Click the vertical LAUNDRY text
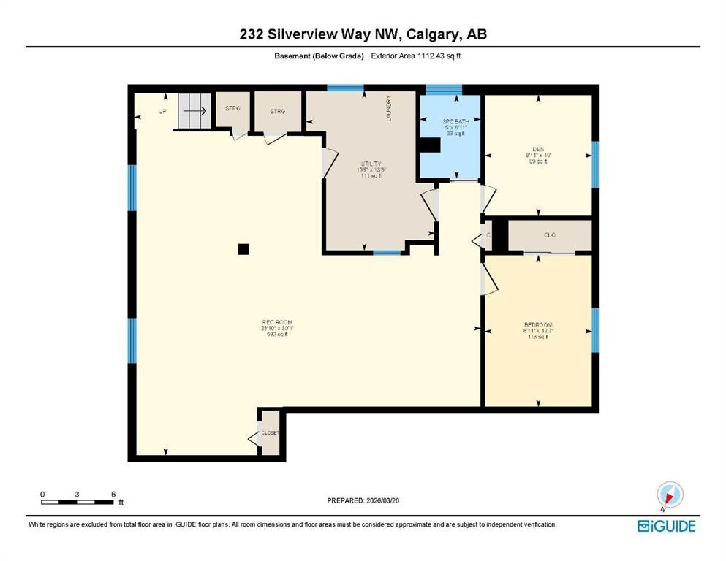tap(390, 109)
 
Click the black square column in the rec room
tap(243, 249)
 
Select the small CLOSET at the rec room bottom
tap(270, 434)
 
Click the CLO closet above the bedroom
tap(550, 235)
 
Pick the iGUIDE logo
tap(666, 526)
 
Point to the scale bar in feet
tap(78, 501)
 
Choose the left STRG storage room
tap(232, 110)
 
